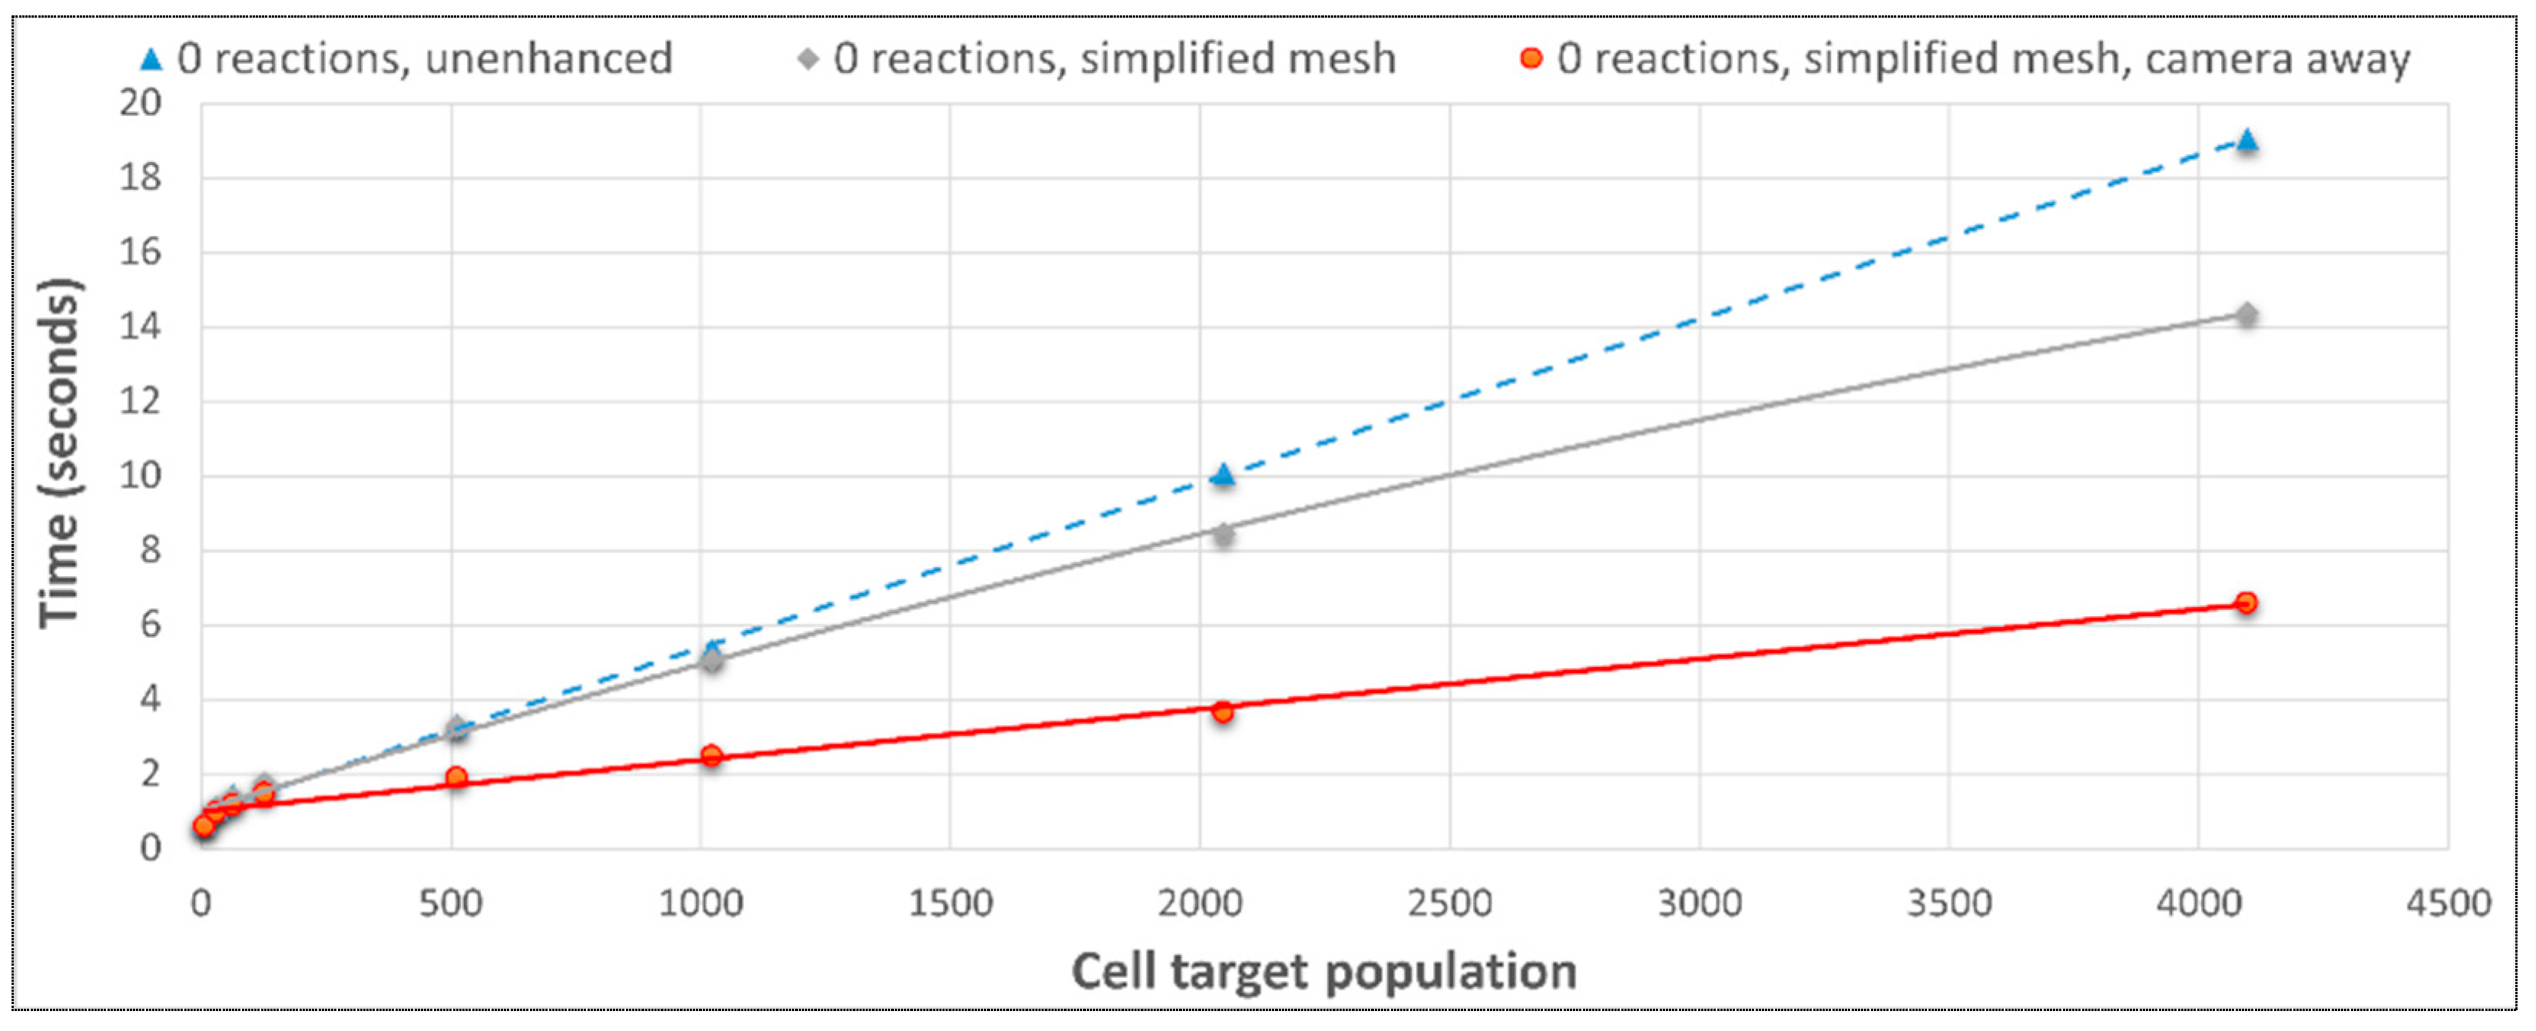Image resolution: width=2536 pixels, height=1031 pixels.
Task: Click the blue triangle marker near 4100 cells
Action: click(2246, 141)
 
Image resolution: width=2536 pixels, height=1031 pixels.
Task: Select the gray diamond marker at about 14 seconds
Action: click(2246, 315)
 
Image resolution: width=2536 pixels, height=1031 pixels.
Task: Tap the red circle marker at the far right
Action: click(2246, 602)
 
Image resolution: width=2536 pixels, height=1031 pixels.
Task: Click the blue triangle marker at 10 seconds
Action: click(1223, 476)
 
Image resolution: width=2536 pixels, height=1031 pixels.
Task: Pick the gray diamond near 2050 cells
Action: click(1223, 535)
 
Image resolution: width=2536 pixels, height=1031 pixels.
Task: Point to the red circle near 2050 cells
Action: click(1223, 711)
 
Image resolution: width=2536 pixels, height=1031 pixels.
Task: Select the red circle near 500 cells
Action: click(455, 778)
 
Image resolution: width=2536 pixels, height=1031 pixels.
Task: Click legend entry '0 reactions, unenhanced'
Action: click(423, 59)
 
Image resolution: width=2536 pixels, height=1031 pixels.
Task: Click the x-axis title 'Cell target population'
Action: click(1324, 972)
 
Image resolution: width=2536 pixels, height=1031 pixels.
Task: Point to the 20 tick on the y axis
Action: click(141, 102)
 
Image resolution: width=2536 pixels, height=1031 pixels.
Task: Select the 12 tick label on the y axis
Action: click(141, 402)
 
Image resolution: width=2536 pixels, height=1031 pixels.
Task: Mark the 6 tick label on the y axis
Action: click(149, 625)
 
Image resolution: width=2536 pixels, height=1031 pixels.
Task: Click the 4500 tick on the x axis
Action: click(2448, 903)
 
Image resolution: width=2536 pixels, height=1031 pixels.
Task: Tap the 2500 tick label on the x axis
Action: click(1449, 903)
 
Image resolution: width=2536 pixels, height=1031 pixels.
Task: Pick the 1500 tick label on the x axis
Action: click(950, 903)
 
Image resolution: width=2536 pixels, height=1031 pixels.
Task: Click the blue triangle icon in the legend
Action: click(151, 60)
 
